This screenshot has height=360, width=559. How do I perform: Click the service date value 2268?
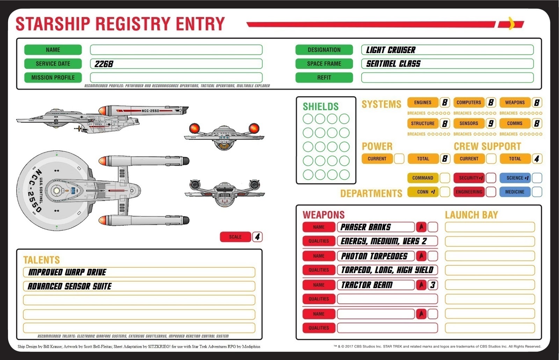104,64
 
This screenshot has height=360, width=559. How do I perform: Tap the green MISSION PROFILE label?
53,78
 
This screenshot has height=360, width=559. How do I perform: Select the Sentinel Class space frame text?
393,64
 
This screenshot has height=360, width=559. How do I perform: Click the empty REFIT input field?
447,78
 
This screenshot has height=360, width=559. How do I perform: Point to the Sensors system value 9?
491,124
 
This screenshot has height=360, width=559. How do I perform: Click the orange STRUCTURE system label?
423,124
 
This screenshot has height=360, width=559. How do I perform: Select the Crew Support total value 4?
537,159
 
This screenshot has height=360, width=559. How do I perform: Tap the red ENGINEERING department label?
469,192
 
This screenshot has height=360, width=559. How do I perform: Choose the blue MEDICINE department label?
515,192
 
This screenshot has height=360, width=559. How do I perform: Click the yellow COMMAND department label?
423,178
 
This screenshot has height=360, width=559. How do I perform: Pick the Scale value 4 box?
257,237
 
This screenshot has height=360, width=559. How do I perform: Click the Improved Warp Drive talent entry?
67,272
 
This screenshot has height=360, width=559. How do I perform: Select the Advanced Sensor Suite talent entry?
70,286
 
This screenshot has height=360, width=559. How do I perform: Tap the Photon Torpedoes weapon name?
374,256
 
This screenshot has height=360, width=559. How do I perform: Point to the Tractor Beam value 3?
433,285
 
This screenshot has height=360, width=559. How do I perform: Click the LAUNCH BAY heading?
471,215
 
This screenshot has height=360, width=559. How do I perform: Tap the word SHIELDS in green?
320,106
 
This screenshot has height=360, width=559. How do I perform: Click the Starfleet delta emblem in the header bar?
511,24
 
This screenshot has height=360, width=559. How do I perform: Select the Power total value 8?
445,159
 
